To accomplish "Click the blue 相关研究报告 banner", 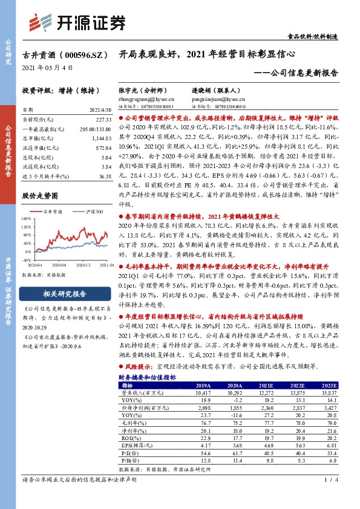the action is [x=64, y=294].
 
